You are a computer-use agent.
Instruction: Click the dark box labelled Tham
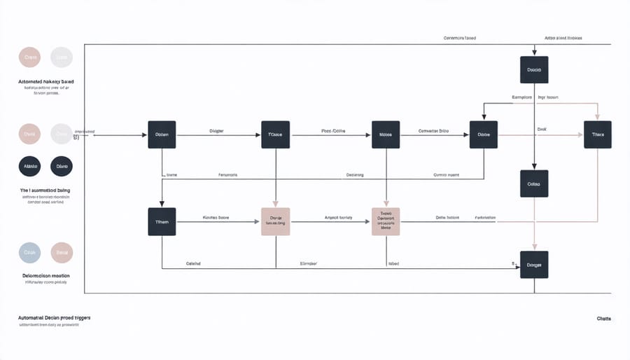click(162, 221)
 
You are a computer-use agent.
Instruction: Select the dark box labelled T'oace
click(275, 134)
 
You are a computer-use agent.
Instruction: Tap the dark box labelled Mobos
click(385, 134)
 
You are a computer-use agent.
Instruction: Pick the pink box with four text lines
click(385, 221)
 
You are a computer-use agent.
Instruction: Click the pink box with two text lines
click(275, 221)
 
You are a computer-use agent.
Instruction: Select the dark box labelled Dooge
click(534, 265)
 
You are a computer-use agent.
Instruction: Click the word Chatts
click(603, 319)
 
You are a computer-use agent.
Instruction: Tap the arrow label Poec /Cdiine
click(334, 130)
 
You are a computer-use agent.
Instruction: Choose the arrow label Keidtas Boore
click(216, 218)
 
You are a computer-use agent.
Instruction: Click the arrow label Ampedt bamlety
click(337, 218)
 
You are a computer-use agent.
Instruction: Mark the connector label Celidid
click(193, 264)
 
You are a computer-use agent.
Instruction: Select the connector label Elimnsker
click(309, 264)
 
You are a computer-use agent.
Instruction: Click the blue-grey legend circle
click(30, 252)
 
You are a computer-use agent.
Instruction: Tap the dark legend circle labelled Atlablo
click(30, 166)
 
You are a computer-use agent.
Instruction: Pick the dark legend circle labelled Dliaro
click(62, 166)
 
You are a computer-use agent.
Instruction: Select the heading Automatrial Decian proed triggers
click(54, 317)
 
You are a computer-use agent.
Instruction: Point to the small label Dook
click(541, 129)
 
